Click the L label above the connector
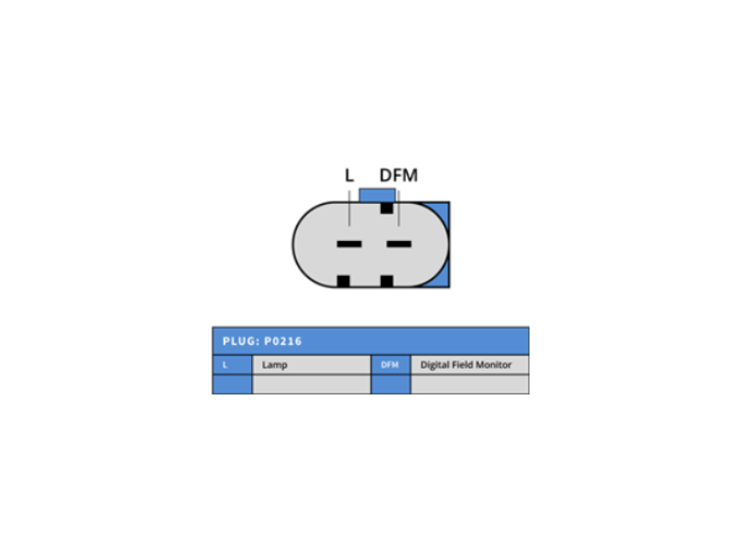click(349, 175)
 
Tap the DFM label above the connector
click(398, 175)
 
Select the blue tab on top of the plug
click(377, 196)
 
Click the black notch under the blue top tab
click(386, 208)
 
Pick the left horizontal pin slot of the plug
click(349, 244)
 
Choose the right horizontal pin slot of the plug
click(399, 244)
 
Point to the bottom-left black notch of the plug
click(343, 281)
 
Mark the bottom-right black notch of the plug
click(386, 281)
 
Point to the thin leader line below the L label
click(349, 208)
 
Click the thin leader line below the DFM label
click(399, 208)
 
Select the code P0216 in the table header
click(283, 341)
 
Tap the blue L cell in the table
click(232, 364)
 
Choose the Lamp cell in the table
click(312, 364)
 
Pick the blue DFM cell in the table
click(391, 364)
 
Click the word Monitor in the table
click(494, 364)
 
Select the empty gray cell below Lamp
click(312, 385)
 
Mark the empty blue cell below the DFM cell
click(391, 385)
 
